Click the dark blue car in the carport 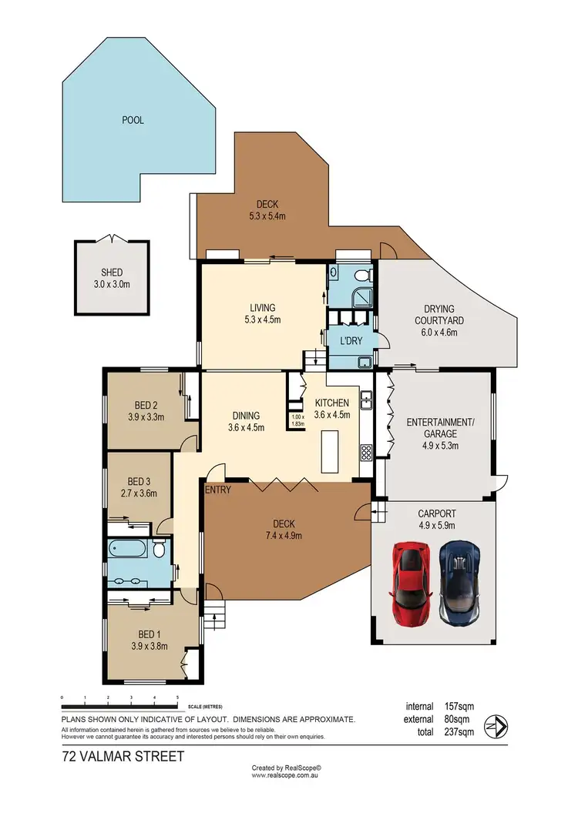pyautogui.click(x=461, y=581)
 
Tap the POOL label pyautogui.click(x=133, y=120)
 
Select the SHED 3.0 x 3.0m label pyautogui.click(x=112, y=278)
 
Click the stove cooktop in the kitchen pyautogui.click(x=366, y=452)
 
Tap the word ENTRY pyautogui.click(x=218, y=490)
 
